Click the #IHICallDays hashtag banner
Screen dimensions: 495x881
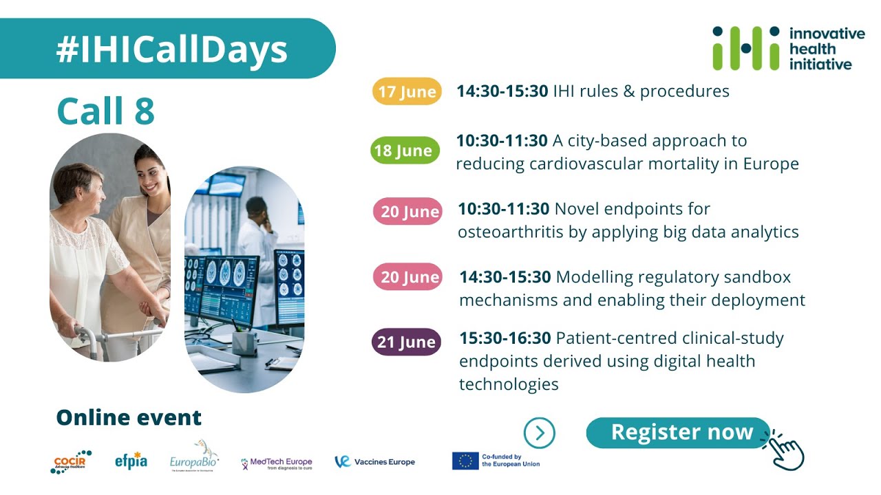click(x=171, y=49)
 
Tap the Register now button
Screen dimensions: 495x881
click(x=678, y=432)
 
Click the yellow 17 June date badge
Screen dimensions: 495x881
click(x=407, y=91)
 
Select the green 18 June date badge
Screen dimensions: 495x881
click(x=405, y=151)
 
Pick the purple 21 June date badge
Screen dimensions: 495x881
click(x=407, y=342)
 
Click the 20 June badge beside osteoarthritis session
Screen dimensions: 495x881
click(x=408, y=211)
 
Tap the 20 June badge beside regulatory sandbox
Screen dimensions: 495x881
click(x=408, y=277)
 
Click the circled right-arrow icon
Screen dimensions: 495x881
click(x=539, y=433)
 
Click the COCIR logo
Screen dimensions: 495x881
click(x=71, y=461)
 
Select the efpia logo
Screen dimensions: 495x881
click(x=131, y=461)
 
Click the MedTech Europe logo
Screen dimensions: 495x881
click(x=277, y=463)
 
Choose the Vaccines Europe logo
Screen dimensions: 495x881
click(x=375, y=462)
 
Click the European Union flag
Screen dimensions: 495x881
click(x=465, y=461)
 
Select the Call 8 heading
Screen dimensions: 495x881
click(x=105, y=111)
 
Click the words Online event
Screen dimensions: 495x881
click(x=129, y=417)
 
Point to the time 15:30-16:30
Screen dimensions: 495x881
click(x=505, y=338)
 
